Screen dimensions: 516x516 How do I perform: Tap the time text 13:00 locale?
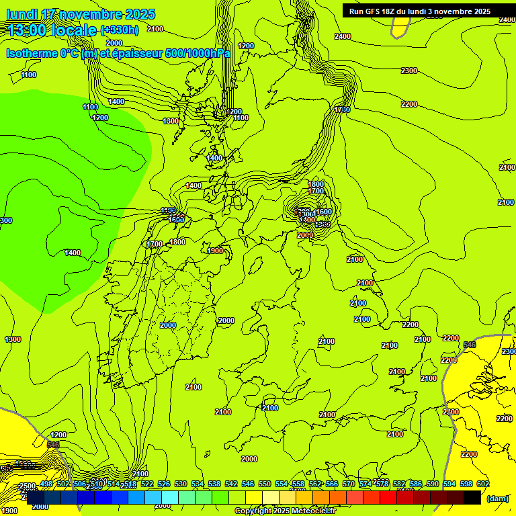pyautogui.click(x=52, y=30)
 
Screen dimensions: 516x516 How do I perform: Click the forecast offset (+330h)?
pyautogui.click(x=120, y=30)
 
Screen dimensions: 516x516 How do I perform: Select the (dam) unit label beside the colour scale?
pyautogui.click(x=497, y=499)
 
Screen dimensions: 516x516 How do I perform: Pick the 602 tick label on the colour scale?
pyautogui.click(x=482, y=484)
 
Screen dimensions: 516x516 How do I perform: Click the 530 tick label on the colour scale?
pyautogui.click(x=181, y=484)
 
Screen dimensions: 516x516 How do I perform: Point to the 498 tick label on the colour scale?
pyautogui.click(x=46, y=484)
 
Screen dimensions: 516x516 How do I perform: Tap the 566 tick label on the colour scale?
pyautogui.click(x=331, y=484)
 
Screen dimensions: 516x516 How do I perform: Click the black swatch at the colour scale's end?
pyautogui.click(x=472, y=497)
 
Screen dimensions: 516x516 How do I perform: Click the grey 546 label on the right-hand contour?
pyautogui.click(x=470, y=345)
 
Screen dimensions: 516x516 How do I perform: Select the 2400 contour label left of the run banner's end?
pyautogui.click(x=343, y=36)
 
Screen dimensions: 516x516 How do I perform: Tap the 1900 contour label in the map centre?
pyautogui.click(x=215, y=251)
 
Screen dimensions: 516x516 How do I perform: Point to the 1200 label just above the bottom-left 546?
pyautogui.click(x=58, y=435)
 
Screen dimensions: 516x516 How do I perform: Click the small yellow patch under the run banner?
pyautogui.click(x=400, y=27)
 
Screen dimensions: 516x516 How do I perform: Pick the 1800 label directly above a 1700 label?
pyautogui.click(x=316, y=184)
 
